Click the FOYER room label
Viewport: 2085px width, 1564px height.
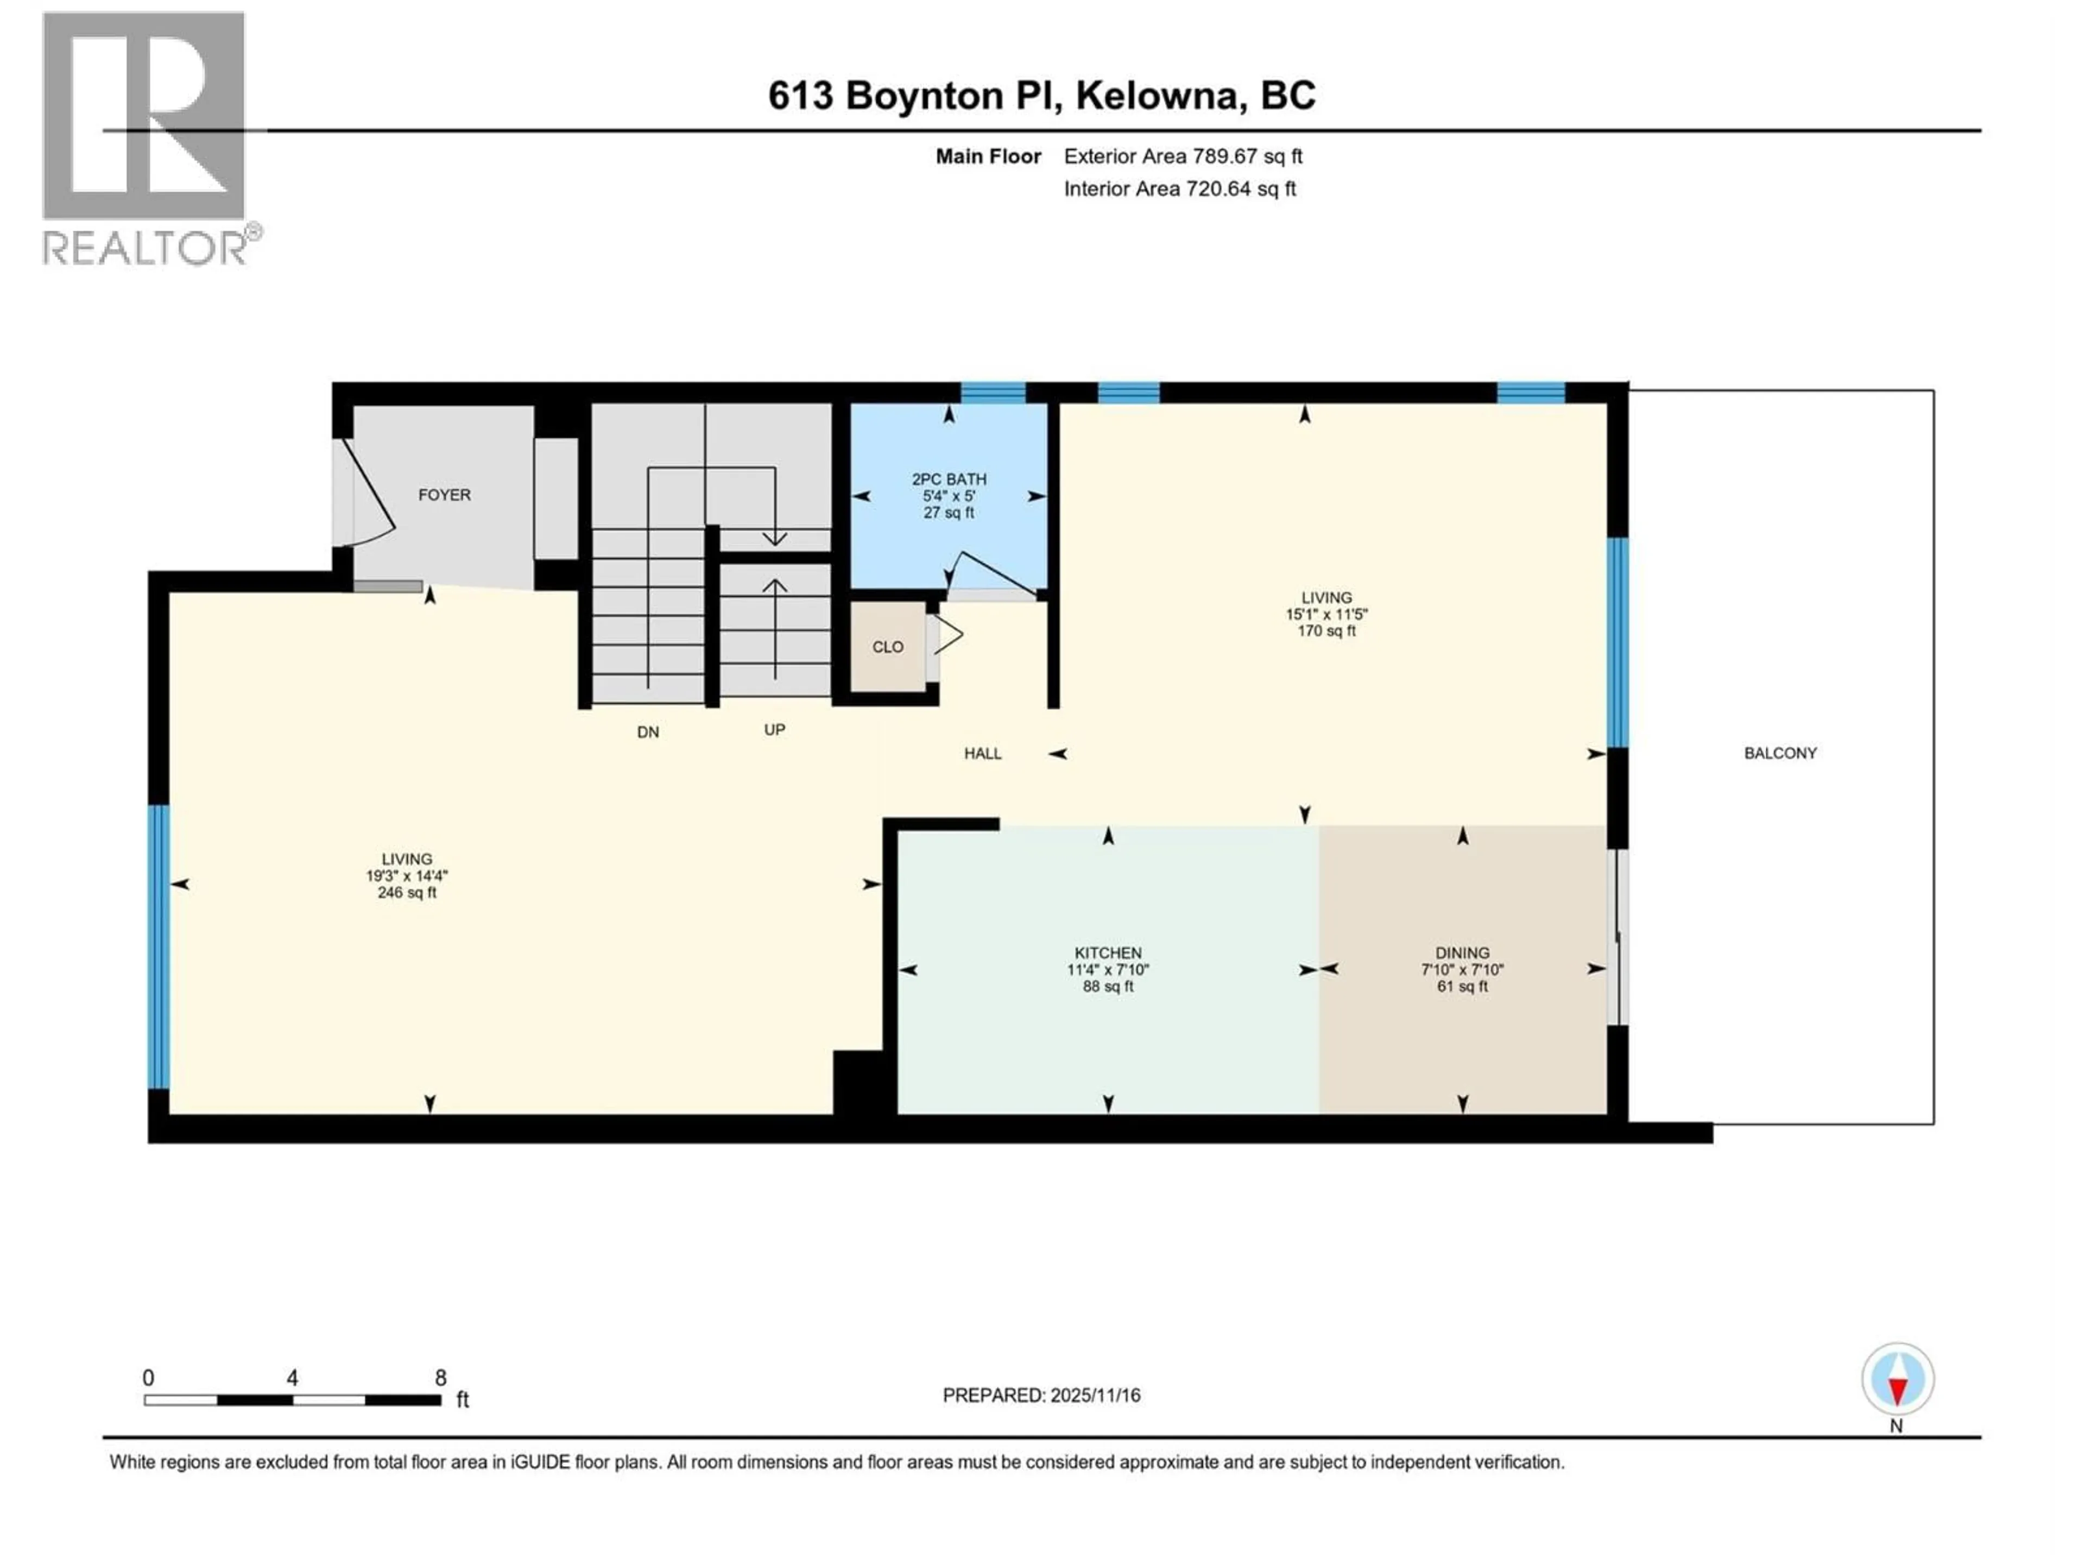pos(444,495)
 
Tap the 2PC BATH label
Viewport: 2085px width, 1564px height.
pos(948,479)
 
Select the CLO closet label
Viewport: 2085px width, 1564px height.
pos(887,647)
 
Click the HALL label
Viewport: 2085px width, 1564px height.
pos(982,753)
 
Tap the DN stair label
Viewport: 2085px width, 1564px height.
pos(648,731)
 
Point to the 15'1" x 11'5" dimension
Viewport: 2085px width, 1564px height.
pos(1326,614)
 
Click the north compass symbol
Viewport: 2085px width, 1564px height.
pos(1898,1379)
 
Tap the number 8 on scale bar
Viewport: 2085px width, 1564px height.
pos(440,1378)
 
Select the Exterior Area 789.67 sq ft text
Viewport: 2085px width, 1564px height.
pos(1183,156)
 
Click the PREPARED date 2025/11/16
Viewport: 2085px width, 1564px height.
pos(1041,1395)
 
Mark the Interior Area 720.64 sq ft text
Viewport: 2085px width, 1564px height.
pos(1179,188)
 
